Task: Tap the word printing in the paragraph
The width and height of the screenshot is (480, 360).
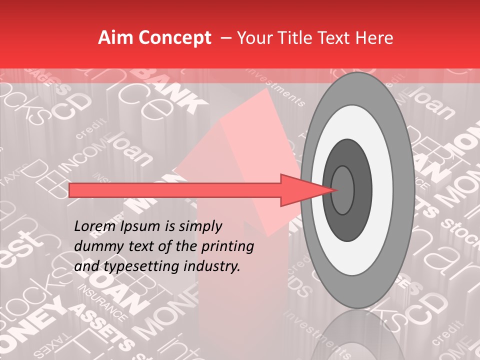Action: tap(229, 247)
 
